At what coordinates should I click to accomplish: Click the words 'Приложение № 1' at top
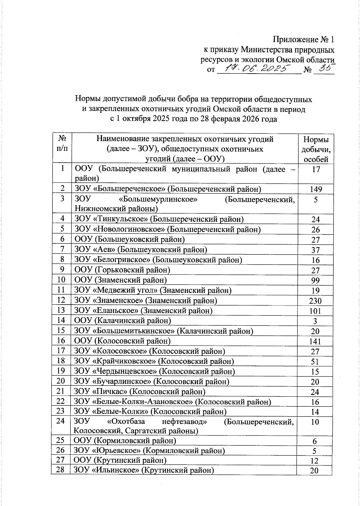[303, 40]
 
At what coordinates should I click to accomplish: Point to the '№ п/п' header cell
[62, 144]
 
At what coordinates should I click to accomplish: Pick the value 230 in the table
[315, 301]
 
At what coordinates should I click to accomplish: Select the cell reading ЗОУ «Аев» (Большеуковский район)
[140, 249]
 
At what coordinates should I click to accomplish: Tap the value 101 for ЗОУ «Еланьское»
[315, 311]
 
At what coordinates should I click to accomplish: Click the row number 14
[61, 320]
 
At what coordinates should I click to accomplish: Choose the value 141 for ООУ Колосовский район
[315, 341]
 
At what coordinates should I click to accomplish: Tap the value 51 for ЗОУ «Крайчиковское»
[315, 362]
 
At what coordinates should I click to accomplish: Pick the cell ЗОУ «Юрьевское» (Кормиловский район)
[149, 450]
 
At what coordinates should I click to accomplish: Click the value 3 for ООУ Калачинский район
[315, 321]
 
